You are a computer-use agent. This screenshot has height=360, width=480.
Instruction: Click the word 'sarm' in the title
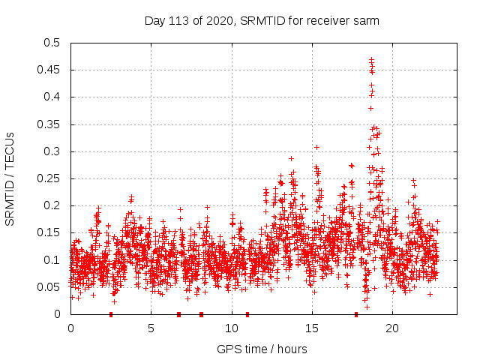pyautogui.click(x=366, y=21)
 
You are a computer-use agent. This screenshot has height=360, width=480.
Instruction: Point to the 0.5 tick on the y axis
pyautogui.click(x=53, y=43)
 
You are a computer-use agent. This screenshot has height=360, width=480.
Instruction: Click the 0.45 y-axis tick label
pyautogui.click(x=50, y=70)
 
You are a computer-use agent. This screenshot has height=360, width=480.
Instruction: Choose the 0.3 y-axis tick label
pyautogui.click(x=53, y=151)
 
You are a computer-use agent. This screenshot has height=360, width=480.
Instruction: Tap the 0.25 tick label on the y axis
pyautogui.click(x=50, y=178)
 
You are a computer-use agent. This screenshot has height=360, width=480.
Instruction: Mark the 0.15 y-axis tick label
pyautogui.click(x=50, y=232)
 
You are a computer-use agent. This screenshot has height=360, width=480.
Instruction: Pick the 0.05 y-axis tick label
pyautogui.click(x=50, y=287)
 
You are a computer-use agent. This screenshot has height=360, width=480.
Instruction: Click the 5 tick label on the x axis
pyautogui.click(x=151, y=328)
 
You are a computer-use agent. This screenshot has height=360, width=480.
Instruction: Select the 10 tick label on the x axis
pyautogui.click(x=231, y=328)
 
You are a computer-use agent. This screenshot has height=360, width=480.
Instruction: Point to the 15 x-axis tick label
pyautogui.click(x=311, y=328)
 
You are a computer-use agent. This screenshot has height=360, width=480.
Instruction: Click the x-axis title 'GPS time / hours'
pyautogui.click(x=262, y=349)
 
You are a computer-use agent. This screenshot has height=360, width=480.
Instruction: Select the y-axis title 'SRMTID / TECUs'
pyautogui.click(x=10, y=178)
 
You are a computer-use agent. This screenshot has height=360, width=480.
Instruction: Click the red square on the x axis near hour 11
pyautogui.click(x=247, y=314)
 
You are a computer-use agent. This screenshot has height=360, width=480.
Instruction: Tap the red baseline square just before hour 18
pyautogui.click(x=356, y=314)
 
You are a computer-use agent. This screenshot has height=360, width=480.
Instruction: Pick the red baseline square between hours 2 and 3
pyautogui.click(x=111, y=314)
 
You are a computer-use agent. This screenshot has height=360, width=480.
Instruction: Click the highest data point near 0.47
pyautogui.click(x=371, y=59)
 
